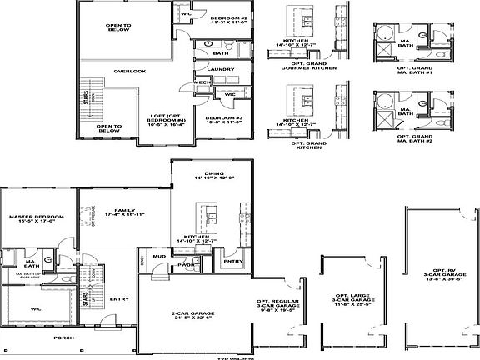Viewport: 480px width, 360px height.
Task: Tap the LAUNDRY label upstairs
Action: [x=220, y=69]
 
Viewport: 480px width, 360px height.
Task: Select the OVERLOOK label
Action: [x=130, y=71]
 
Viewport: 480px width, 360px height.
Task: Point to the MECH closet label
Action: [x=200, y=82]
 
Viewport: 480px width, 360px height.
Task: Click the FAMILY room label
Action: [x=126, y=211]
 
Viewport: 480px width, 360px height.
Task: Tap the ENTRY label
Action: [x=119, y=299]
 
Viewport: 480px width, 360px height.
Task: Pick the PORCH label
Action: [x=62, y=338]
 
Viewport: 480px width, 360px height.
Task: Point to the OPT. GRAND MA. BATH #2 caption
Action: [x=414, y=137]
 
